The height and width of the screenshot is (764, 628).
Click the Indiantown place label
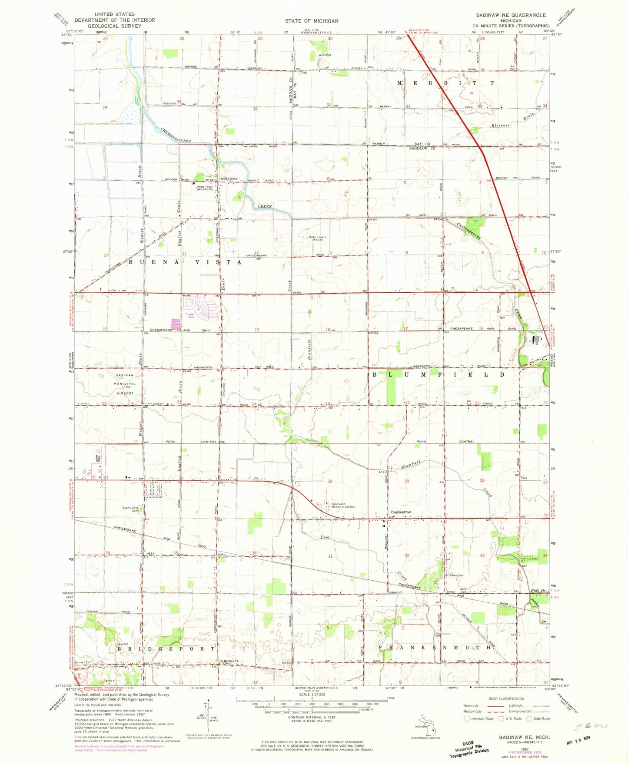tap(228, 178)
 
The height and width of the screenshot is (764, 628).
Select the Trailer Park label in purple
tap(190, 315)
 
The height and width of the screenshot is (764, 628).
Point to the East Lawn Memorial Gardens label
tap(343, 505)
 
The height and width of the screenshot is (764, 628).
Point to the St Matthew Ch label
tap(229, 661)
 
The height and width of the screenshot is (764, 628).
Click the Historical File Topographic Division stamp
tap(469, 749)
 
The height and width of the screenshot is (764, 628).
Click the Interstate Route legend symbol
tap(468, 718)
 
